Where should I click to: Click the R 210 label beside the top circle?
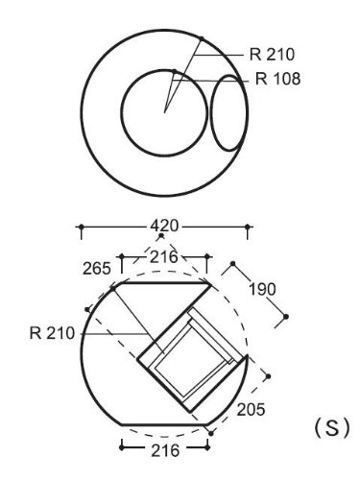pyautogui.click(x=272, y=55)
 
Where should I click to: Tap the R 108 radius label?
pyautogui.click(x=277, y=79)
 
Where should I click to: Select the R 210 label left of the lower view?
pyautogui.click(x=52, y=333)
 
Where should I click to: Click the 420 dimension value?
pyautogui.click(x=164, y=226)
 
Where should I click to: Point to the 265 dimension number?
pyautogui.click(x=97, y=268)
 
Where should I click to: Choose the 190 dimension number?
pyautogui.click(x=262, y=290)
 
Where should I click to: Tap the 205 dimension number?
pyautogui.click(x=251, y=409)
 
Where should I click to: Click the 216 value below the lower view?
pyautogui.click(x=165, y=450)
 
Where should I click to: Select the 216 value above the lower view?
pyautogui.click(x=164, y=257)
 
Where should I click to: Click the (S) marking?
pyautogui.click(x=332, y=428)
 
